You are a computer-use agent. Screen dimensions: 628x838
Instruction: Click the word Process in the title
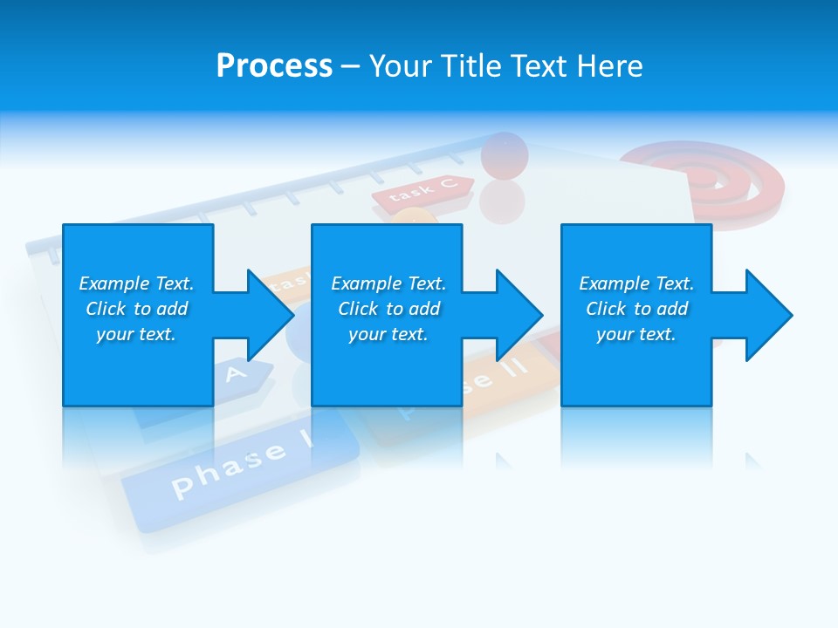coord(274,66)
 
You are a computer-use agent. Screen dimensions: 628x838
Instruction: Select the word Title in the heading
coord(471,66)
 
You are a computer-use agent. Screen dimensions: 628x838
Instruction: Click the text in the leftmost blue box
coord(136,309)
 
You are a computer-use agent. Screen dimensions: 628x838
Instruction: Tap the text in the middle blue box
coord(388,309)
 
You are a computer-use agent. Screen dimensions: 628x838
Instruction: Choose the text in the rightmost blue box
coord(636,309)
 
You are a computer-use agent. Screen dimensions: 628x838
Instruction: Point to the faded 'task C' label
coord(422,191)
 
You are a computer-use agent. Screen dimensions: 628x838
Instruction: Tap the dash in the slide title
coord(351,66)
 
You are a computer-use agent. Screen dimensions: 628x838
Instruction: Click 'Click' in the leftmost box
coord(106,309)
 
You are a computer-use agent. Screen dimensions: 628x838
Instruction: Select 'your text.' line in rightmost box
coord(636,334)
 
